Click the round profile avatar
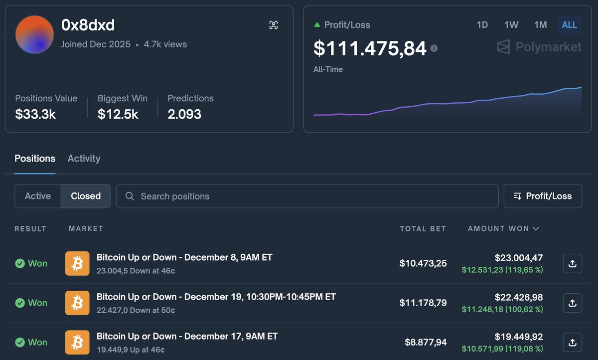click(34, 34)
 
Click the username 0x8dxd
click(88, 25)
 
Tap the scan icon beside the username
click(273, 25)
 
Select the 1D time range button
click(482, 25)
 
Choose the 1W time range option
click(511, 25)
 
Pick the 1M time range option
click(540, 25)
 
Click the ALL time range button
click(569, 25)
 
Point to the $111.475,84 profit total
click(370, 48)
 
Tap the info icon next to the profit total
click(434, 48)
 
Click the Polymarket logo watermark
click(539, 47)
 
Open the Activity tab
click(84, 159)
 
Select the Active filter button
click(38, 196)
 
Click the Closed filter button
click(86, 196)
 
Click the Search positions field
click(307, 196)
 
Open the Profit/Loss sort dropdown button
click(543, 196)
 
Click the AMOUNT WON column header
click(503, 229)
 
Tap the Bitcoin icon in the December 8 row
click(77, 263)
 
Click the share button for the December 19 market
click(572, 303)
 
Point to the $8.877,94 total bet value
click(426, 342)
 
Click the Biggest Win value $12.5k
click(118, 114)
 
